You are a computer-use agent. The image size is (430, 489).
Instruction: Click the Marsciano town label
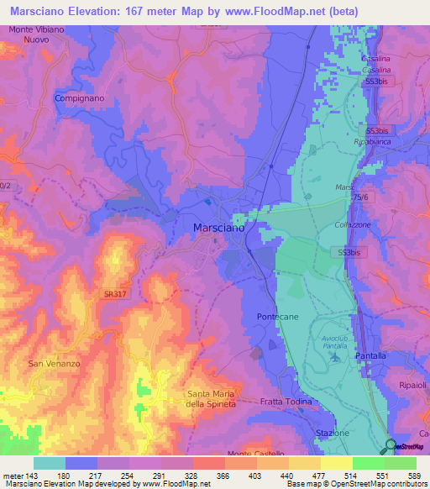[218, 228]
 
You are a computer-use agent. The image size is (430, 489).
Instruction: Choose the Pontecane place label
[277, 316]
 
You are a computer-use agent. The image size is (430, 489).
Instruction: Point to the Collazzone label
[354, 223]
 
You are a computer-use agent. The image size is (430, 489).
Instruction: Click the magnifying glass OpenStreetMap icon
[389, 447]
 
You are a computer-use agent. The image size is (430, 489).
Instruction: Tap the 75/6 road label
[360, 195]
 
